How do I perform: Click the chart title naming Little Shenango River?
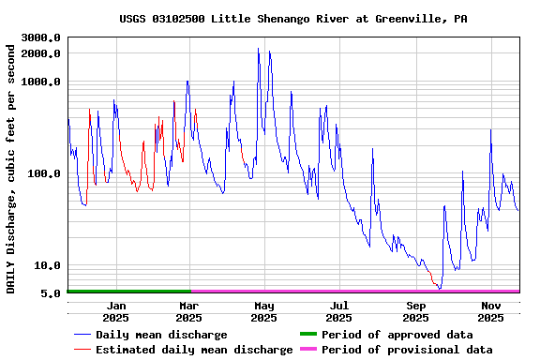click(x=293, y=19)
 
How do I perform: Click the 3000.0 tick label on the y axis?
click(x=41, y=37)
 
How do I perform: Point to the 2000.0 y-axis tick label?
click(x=41, y=53)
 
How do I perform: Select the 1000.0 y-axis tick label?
click(x=41, y=82)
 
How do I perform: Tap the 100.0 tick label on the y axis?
click(x=45, y=173)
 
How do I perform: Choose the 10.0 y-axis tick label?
click(x=48, y=265)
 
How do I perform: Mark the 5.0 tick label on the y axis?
click(x=52, y=293)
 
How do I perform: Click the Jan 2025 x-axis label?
click(x=116, y=311)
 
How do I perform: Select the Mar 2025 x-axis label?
click(x=188, y=311)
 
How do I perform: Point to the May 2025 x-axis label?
click(x=264, y=311)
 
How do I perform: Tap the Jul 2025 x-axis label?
click(x=339, y=311)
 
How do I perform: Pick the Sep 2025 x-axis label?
click(x=416, y=311)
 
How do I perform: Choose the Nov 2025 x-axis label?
click(x=491, y=311)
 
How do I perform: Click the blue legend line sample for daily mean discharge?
click(x=82, y=335)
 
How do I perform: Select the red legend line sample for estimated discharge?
click(x=82, y=350)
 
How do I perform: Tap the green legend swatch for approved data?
click(x=307, y=335)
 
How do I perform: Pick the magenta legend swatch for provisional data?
click(x=307, y=350)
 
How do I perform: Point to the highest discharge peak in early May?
click(x=259, y=49)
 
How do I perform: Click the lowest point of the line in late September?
click(x=439, y=288)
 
